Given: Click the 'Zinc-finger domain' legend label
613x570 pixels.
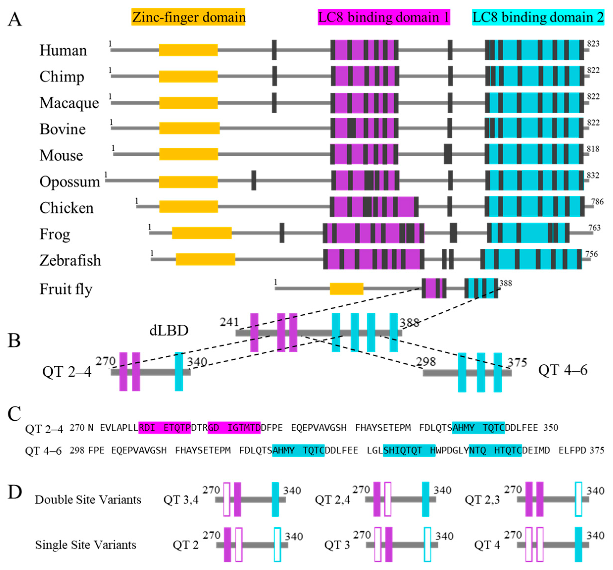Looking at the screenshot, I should pyautogui.click(x=188, y=17).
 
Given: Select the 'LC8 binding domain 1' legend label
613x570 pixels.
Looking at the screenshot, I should pyautogui.click(x=384, y=17).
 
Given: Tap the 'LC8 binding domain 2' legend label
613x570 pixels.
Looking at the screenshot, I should pyautogui.click(x=538, y=17).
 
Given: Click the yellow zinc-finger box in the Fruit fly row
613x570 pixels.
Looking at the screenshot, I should pyautogui.click(x=346, y=289).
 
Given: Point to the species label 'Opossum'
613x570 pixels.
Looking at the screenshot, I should pyautogui.click(x=70, y=181).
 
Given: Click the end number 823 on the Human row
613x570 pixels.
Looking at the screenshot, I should pyautogui.click(x=593, y=44).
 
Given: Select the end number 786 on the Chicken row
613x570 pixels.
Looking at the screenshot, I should pyautogui.click(x=597, y=202).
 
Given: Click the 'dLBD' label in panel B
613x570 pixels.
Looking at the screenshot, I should pyautogui.click(x=169, y=330).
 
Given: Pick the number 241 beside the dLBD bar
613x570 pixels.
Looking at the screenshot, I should pyautogui.click(x=229, y=322).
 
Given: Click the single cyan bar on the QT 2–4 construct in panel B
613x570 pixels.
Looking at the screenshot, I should pyautogui.click(x=179, y=371).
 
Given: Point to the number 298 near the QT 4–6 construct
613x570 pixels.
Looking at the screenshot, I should pyautogui.click(x=426, y=362).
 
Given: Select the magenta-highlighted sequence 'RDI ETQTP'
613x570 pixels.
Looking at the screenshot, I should pyautogui.click(x=165, y=427).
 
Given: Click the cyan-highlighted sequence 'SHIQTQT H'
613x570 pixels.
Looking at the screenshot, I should pyautogui.click(x=409, y=451).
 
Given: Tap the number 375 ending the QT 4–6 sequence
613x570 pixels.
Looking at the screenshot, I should pyautogui.click(x=597, y=451).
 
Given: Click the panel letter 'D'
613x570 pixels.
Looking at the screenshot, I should pyautogui.click(x=15, y=492).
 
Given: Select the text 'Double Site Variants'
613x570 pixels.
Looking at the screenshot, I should pyautogui.click(x=88, y=499).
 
